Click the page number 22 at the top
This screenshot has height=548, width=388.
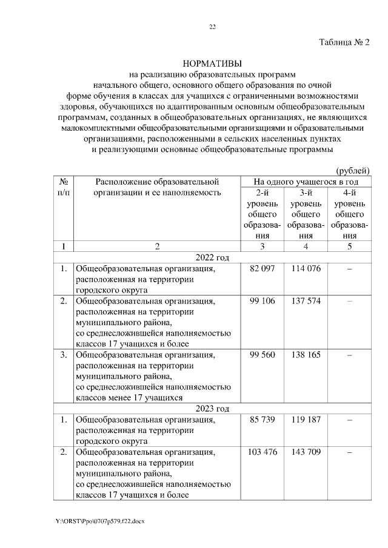coord(212,27)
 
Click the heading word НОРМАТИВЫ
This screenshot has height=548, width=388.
coord(212,64)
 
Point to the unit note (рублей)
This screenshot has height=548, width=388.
coord(352,171)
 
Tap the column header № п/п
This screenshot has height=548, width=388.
coord(64,187)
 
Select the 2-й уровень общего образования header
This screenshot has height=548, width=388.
coord(263,214)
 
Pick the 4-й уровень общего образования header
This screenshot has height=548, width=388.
coord(349,214)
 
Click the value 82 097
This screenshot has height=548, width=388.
coord(263,268)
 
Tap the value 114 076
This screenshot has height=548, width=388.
coord(306,268)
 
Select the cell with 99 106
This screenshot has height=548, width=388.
coord(263,302)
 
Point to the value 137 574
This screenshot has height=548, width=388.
coord(306,302)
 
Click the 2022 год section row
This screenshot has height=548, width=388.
coord(212,257)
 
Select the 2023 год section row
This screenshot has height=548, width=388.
coord(212,407)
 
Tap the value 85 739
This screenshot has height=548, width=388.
coord(263,418)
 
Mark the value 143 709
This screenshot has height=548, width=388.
coord(306,452)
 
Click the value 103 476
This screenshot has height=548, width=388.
coord(263,452)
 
